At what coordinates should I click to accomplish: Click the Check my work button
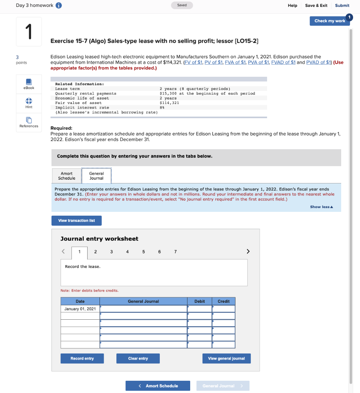pos(329,21)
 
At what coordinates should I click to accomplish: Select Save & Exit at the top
pos(316,5)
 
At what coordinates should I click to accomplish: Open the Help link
pos(292,5)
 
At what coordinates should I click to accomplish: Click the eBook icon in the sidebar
pos(29,82)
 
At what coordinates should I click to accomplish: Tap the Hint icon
pos(29,101)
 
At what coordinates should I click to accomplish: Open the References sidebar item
pos(29,121)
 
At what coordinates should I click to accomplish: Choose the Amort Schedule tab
pos(66,176)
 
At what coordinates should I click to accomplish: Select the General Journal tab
pos(96,176)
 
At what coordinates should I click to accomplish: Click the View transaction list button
pos(76,221)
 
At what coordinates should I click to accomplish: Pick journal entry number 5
pos(143,252)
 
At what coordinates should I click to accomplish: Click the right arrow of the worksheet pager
pos(248,252)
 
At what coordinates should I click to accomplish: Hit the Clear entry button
pos(138,358)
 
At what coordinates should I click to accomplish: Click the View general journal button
pos(226,358)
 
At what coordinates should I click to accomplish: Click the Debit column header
pos(199,301)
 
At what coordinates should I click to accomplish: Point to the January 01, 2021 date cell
pos(80,309)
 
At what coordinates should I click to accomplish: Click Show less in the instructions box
pos(321,207)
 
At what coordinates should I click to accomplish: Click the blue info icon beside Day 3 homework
pos(59,5)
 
